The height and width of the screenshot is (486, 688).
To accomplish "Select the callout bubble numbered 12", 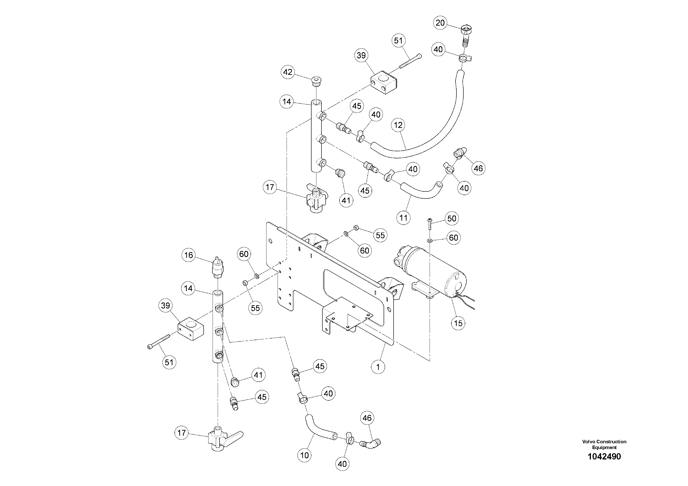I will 398,125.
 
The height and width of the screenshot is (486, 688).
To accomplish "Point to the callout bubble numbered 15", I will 458,323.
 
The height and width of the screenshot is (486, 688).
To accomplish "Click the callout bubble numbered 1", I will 378,367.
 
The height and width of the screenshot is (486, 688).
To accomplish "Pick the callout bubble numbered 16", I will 189,255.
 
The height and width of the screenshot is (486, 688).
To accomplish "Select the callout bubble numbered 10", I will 304,456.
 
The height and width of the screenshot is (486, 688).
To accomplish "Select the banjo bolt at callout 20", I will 466,33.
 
